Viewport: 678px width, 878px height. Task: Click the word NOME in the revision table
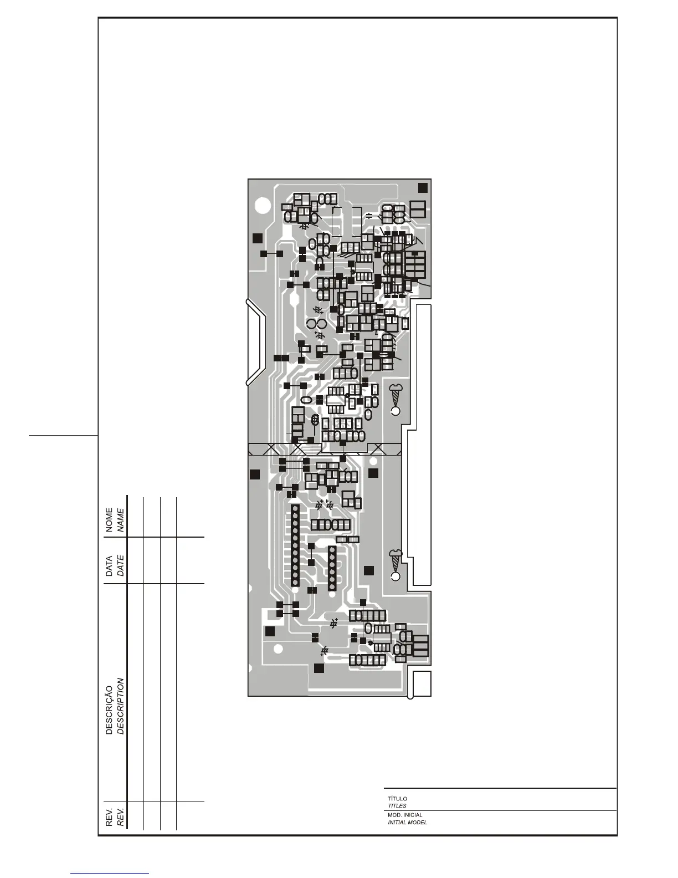point(109,519)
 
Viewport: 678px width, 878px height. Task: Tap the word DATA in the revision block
point(109,566)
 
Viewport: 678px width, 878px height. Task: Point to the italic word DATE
point(120,564)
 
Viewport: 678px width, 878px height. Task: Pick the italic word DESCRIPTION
point(120,706)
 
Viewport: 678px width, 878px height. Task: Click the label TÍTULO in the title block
point(397,799)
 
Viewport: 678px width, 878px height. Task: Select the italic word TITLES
point(397,806)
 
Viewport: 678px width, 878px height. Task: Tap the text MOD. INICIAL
point(405,815)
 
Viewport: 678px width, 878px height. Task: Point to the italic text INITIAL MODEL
point(407,823)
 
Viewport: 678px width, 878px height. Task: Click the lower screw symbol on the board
point(395,559)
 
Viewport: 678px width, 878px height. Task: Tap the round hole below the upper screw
point(395,411)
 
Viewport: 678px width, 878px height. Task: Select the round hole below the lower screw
point(395,577)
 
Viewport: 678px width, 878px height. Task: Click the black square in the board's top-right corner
point(423,187)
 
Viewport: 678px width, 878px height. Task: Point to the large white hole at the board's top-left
point(261,207)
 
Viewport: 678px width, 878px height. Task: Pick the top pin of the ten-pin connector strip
point(295,508)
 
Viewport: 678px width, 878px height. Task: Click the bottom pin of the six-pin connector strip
point(332,586)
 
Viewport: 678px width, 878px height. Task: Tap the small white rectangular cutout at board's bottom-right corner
point(422,683)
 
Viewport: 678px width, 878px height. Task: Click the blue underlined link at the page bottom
point(110,873)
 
